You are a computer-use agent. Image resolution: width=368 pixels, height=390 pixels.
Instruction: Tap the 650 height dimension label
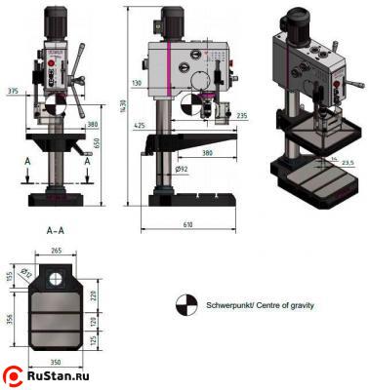[x=97, y=141]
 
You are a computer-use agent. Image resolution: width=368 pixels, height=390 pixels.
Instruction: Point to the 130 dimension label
[x=137, y=84]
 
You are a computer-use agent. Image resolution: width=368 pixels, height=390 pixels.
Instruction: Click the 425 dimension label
[x=140, y=126]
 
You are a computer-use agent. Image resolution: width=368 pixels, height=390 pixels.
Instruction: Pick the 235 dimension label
[x=241, y=116]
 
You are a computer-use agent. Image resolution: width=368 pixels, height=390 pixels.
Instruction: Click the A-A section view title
[x=56, y=232]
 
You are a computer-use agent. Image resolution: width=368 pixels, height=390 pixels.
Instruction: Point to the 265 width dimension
[x=56, y=251]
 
